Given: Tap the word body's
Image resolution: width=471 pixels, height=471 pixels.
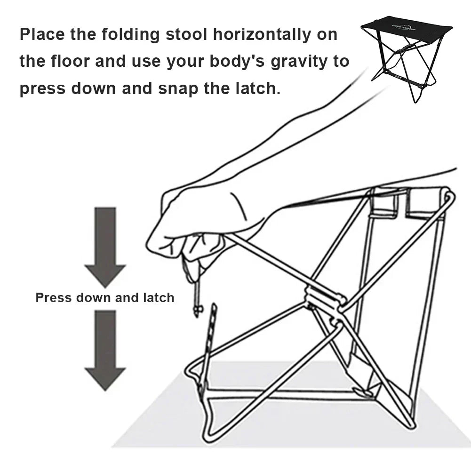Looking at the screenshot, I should click(237, 62).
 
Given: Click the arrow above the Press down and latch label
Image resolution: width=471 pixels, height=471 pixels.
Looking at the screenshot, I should click(105, 247).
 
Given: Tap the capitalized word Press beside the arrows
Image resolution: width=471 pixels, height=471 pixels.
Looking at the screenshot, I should click(54, 298).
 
